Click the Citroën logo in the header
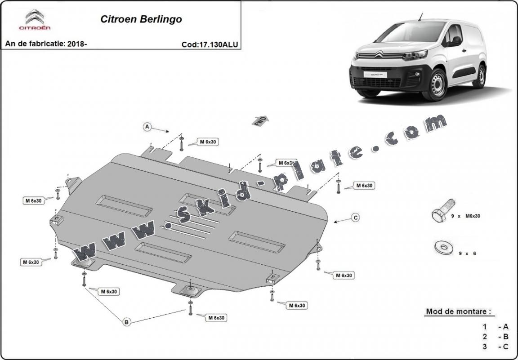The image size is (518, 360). [x=35, y=20]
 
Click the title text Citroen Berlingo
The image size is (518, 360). [x=141, y=19]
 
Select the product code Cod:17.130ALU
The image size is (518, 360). [x=210, y=44]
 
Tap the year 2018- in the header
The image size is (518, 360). [x=77, y=44]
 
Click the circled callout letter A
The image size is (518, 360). [x=147, y=127]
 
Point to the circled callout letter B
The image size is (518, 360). [x=127, y=321]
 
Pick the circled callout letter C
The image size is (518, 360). [x=355, y=218]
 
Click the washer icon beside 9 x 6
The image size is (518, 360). [x=443, y=247]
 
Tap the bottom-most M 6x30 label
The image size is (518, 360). [x=216, y=318]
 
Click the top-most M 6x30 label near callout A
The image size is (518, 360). [x=209, y=142]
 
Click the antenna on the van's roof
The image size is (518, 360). [x=421, y=17]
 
